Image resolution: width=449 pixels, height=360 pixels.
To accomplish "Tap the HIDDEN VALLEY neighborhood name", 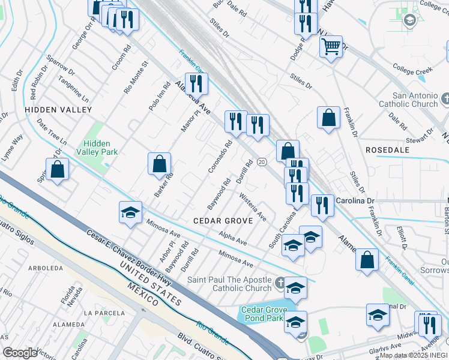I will click(x=58, y=110).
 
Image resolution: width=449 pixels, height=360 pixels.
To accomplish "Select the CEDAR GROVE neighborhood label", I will click(x=222, y=221).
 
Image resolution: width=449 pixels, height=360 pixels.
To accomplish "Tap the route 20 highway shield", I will click(x=262, y=161).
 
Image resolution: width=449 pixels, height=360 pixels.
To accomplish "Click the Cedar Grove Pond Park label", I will click(x=261, y=314).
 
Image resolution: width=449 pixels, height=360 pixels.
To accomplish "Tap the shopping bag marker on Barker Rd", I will click(x=159, y=164).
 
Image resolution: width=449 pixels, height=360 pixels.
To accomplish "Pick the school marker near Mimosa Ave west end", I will click(x=130, y=213).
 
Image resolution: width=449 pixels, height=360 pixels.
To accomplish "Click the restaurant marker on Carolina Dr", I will click(x=322, y=206).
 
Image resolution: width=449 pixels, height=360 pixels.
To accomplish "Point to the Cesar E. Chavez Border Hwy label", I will click(x=128, y=259).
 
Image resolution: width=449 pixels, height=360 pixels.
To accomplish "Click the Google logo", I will click(x=20, y=353).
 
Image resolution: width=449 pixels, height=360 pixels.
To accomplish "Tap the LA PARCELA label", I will click(x=100, y=313).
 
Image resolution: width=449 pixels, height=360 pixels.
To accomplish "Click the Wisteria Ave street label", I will click(x=252, y=206).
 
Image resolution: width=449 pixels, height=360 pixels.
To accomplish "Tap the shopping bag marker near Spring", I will click(x=57, y=169).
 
